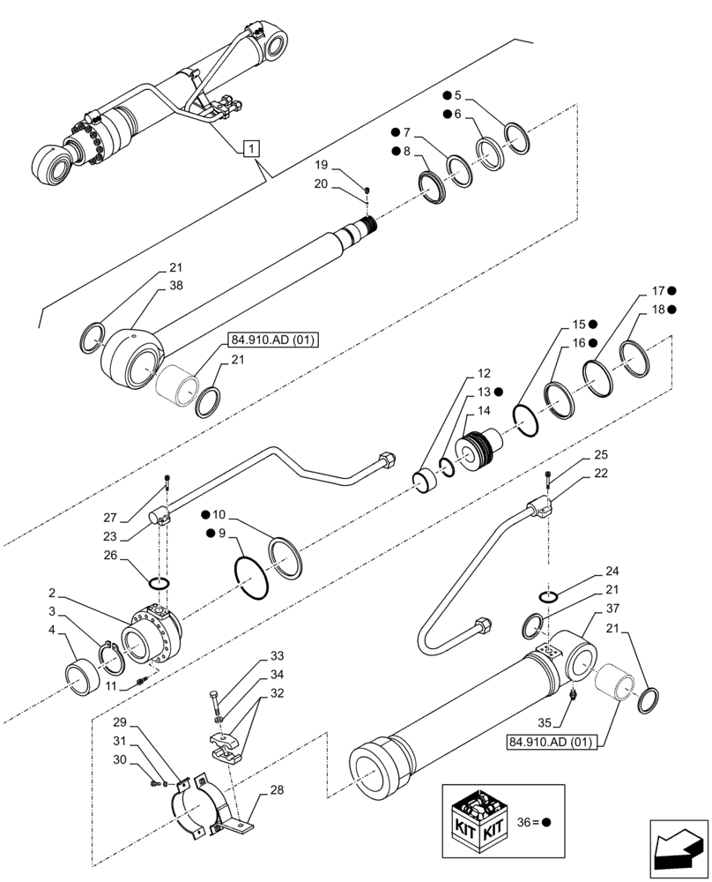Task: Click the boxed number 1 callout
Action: point(252,147)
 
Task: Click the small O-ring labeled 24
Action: point(547,598)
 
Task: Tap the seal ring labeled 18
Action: point(635,360)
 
